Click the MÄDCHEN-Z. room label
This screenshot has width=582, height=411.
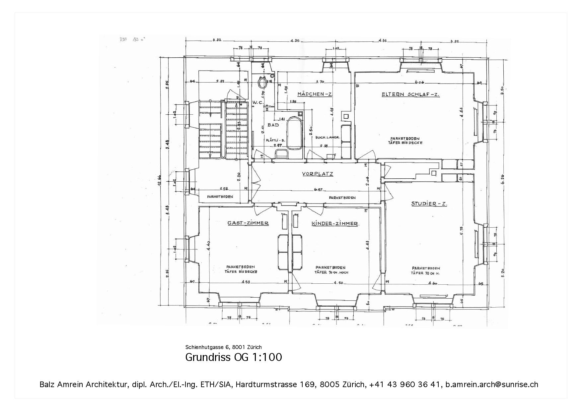(x=315, y=94)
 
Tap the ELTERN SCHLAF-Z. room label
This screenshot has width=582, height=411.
(x=410, y=94)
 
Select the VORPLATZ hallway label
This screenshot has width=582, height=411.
(x=318, y=174)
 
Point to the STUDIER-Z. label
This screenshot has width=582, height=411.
(x=429, y=204)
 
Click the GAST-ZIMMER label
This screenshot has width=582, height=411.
(x=248, y=223)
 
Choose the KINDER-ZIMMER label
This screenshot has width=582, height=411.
(x=335, y=223)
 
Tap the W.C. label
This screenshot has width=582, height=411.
(x=258, y=102)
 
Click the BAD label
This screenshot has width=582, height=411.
(x=273, y=125)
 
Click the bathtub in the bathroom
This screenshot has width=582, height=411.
(x=294, y=133)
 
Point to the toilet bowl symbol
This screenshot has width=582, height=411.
(x=263, y=81)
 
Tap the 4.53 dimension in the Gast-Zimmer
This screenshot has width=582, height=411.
(x=246, y=282)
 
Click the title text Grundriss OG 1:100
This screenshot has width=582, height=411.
(x=233, y=357)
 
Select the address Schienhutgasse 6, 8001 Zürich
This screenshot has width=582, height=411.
(x=223, y=347)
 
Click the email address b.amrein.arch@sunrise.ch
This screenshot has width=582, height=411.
(x=492, y=384)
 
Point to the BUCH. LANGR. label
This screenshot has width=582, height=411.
(x=328, y=137)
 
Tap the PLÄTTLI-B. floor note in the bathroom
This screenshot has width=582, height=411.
(x=275, y=140)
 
